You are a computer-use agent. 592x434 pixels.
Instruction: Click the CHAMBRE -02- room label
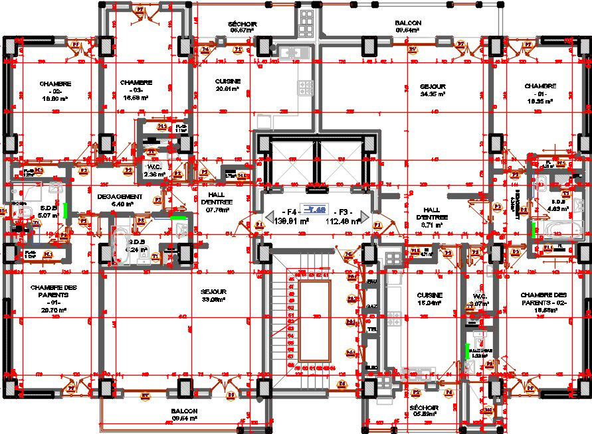[55, 90]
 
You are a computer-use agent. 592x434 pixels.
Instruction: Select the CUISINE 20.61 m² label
[227, 85]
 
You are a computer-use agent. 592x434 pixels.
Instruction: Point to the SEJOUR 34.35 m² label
[433, 90]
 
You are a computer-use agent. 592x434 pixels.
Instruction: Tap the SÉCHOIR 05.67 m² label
[243, 27]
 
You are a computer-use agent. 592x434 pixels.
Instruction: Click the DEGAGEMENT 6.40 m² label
[120, 200]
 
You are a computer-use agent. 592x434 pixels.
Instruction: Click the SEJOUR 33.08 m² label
[214, 295]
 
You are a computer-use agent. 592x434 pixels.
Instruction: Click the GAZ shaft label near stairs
[372, 305]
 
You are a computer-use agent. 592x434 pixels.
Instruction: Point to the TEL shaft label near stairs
[372, 328]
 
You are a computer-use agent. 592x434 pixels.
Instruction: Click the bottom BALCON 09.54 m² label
[185, 415]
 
